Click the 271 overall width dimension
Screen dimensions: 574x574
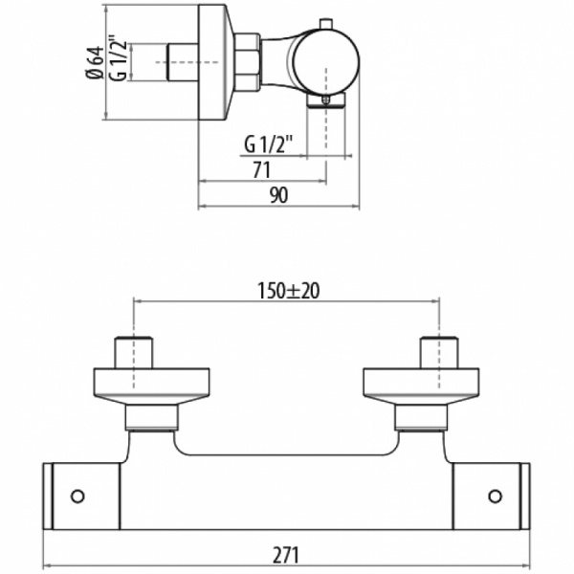(x=286, y=555)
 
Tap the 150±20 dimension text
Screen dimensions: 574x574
(x=289, y=291)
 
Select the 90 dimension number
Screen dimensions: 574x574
(x=279, y=195)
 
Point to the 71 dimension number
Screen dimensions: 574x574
(x=262, y=170)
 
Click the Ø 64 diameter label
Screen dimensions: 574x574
(x=95, y=62)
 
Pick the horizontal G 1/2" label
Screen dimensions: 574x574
(x=269, y=144)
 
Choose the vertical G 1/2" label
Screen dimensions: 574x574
(x=118, y=57)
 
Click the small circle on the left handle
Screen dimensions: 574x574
(x=77, y=497)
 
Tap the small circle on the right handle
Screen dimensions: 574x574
(x=495, y=497)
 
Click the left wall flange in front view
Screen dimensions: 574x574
(x=152, y=386)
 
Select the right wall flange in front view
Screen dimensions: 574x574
(x=421, y=386)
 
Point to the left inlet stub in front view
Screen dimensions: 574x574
(x=134, y=352)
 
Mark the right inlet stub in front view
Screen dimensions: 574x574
(x=439, y=352)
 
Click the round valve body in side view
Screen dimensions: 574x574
(x=325, y=61)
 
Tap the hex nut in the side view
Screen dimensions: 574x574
(x=247, y=62)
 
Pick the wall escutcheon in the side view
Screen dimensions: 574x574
(x=215, y=62)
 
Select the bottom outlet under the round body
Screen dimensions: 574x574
(x=326, y=100)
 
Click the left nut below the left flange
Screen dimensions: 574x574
(x=152, y=418)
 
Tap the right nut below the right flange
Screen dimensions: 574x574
(x=421, y=418)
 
